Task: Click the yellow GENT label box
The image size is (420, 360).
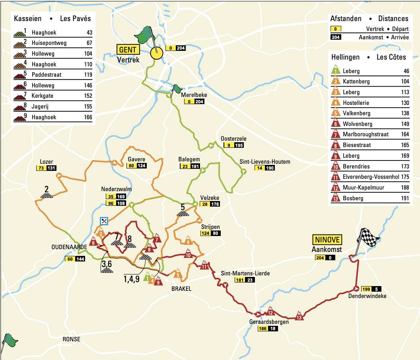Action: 128,50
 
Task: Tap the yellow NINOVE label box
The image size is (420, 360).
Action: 327,240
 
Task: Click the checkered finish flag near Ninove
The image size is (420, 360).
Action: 369,238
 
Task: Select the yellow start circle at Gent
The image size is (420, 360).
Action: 157,53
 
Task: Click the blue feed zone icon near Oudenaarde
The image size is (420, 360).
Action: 104,221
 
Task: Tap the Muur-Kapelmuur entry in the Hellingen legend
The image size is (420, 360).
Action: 358,188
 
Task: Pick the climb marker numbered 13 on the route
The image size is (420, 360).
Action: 299,317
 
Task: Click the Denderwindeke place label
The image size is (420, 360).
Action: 367,296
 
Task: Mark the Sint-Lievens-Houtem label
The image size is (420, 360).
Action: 265,162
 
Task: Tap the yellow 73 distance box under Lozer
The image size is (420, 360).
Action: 41,168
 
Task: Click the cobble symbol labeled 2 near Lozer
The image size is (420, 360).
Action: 47,195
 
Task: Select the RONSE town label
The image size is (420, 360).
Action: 71,339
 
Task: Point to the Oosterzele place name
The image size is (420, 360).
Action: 233,139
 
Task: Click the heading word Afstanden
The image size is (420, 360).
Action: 346,19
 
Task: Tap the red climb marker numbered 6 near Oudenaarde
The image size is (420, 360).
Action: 93,242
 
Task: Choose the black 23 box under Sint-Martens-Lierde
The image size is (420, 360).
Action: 250,280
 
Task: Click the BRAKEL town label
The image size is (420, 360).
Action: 181,289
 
